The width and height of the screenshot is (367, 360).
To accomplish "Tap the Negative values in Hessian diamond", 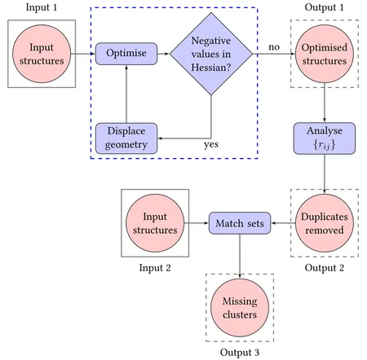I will click(212, 54).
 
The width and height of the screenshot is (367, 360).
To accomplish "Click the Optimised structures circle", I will click(325, 54).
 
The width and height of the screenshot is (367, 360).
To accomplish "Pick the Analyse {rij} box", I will click(325, 138).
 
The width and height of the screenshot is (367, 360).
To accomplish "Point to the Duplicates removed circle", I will click(325, 223).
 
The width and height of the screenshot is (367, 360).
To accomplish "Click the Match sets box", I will click(239, 223).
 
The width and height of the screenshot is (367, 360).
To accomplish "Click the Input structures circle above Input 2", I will click(154, 223).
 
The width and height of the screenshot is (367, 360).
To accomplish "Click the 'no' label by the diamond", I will click(274, 46).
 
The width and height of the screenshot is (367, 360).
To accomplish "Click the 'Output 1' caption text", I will click(325, 7).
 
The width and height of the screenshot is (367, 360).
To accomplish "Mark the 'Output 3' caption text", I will click(239, 353).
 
